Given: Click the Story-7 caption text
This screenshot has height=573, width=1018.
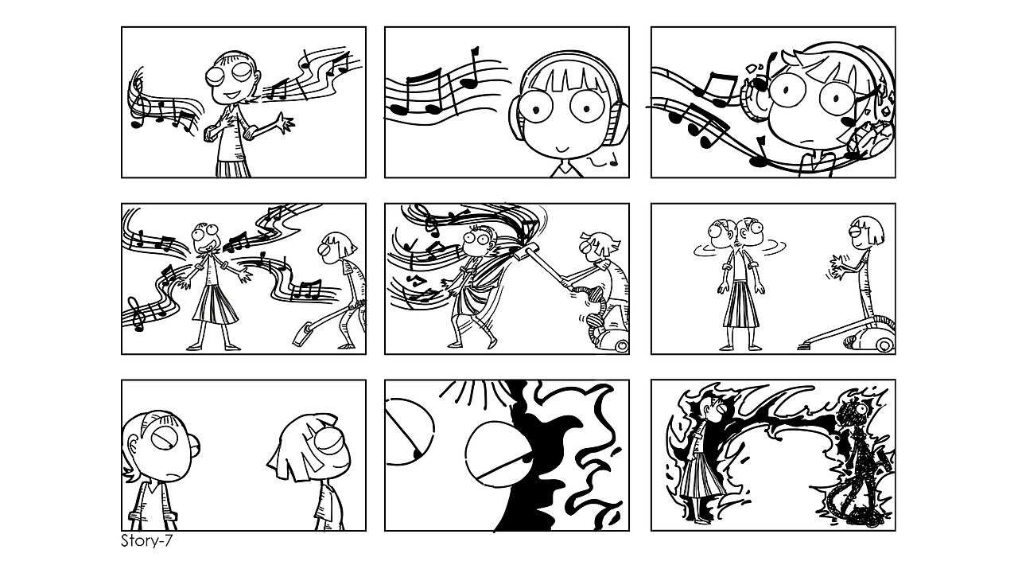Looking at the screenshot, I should (146, 542).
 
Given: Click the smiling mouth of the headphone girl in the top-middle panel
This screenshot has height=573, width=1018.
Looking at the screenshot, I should (563, 148).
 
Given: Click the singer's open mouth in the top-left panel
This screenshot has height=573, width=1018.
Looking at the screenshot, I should (231, 92).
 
